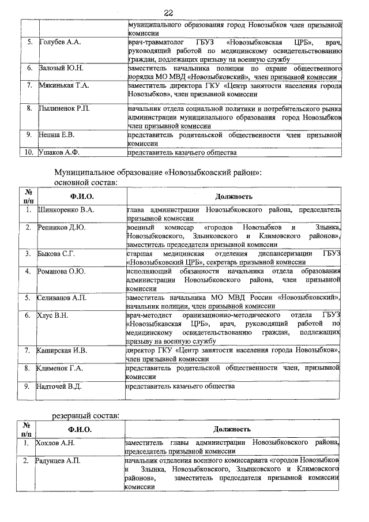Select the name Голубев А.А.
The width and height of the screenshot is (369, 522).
(59, 43)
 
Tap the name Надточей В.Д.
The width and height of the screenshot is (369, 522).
(61, 386)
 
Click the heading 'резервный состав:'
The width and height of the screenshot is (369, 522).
(87, 415)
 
